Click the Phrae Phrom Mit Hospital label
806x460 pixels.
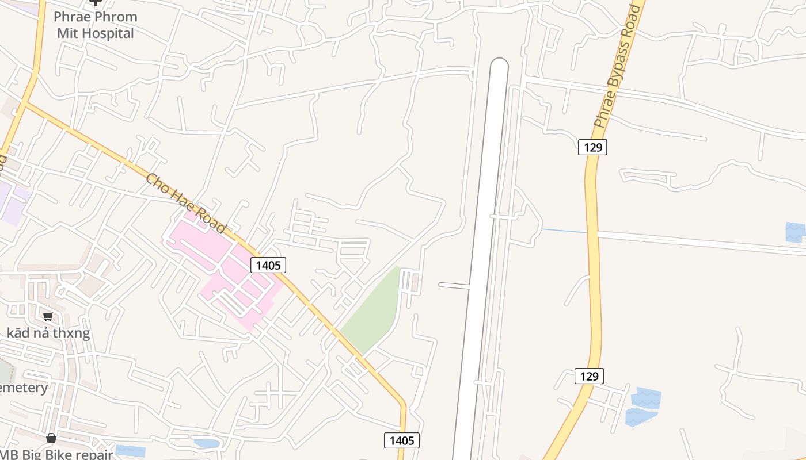pyautogui.click(x=96, y=25)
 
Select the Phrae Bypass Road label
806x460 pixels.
pyautogui.click(x=617, y=67)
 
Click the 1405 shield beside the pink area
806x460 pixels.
pyautogui.click(x=268, y=265)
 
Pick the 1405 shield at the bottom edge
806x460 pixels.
pyautogui.click(x=402, y=440)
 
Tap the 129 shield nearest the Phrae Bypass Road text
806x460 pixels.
pyautogui.click(x=592, y=147)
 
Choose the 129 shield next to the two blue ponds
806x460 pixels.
pyautogui.click(x=589, y=376)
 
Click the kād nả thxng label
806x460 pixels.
pyautogui.click(x=48, y=333)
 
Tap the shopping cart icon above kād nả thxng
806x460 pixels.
pyautogui.click(x=48, y=316)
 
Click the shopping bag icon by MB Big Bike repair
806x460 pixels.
pyautogui.click(x=51, y=438)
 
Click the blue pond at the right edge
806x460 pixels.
pyautogui.click(x=796, y=232)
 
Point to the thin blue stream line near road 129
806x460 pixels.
pyautogui.click(x=564, y=231)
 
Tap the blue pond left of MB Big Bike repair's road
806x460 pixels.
pyautogui.click(x=130, y=451)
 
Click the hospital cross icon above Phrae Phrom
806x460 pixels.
pyautogui.click(x=96, y=3)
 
